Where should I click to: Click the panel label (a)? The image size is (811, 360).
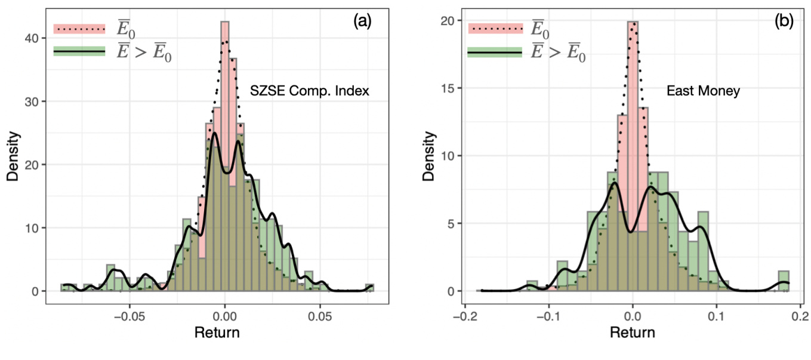click(362, 21)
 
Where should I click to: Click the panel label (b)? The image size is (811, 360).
click(784, 21)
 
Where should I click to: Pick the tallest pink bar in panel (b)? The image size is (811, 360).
click(633, 90)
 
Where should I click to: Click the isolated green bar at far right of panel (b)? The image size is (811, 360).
click(783, 281)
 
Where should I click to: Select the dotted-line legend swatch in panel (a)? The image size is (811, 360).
click(79, 28)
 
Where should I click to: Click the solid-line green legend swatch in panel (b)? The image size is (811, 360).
click(494, 53)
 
